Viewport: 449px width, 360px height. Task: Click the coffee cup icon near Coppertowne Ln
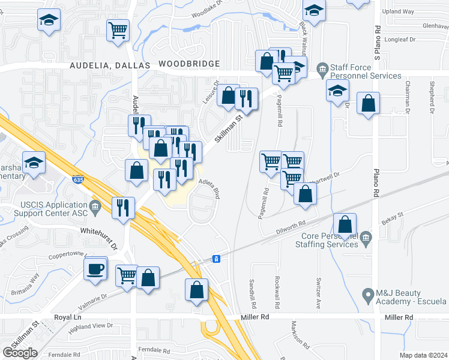coord(95,268)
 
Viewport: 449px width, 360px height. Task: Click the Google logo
coord(20,353)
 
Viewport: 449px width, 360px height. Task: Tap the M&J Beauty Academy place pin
coord(369,294)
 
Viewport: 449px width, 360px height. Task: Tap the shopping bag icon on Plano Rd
coord(368,103)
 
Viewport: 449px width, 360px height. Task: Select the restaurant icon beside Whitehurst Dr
coord(123,208)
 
